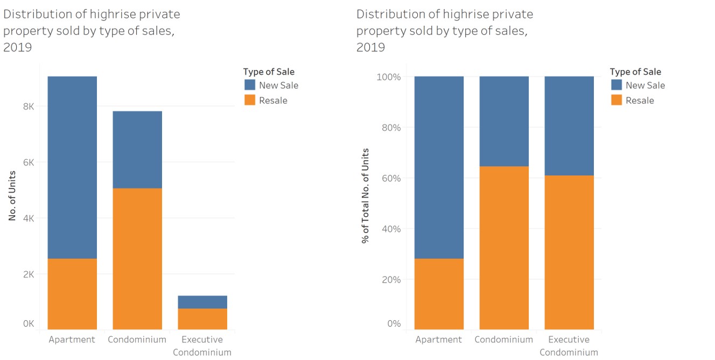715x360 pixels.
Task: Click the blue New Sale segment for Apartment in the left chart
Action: coord(72,167)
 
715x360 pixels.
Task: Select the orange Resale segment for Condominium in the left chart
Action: coord(137,258)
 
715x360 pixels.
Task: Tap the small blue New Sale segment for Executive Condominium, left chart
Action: coord(202,302)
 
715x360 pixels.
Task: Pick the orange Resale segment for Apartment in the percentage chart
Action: coord(439,294)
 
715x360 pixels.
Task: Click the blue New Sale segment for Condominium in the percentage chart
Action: coord(504,121)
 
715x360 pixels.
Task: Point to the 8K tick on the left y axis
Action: coord(28,107)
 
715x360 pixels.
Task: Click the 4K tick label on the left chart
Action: coord(28,218)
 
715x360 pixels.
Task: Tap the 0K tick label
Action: coord(28,324)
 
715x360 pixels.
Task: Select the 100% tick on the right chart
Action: coord(388,77)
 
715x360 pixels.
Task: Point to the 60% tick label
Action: coord(390,178)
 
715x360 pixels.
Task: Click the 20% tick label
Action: coord(390,279)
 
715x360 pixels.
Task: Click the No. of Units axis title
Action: coord(12,195)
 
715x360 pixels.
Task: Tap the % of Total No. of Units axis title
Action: coord(366,195)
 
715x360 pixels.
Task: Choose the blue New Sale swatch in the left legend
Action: coord(250,85)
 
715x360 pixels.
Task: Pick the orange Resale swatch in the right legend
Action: coord(616,100)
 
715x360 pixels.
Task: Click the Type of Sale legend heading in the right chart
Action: coord(635,72)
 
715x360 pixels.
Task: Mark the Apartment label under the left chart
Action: coord(72,340)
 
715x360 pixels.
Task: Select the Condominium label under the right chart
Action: coord(504,340)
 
